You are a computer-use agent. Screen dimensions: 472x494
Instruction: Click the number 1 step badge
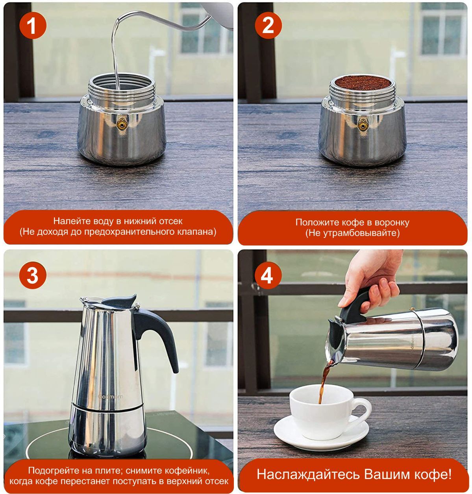coord(33,25)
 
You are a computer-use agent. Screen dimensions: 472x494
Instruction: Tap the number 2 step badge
coord(268,25)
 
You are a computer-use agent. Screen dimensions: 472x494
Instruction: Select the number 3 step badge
coord(33,275)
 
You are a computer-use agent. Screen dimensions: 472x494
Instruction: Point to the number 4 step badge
coord(268,275)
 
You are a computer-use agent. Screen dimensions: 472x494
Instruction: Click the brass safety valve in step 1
coord(122,124)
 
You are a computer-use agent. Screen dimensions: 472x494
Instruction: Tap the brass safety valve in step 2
coord(363,124)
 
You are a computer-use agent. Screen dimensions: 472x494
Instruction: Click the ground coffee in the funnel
coord(363,83)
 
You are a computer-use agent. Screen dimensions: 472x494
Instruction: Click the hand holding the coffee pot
coord(373,279)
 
